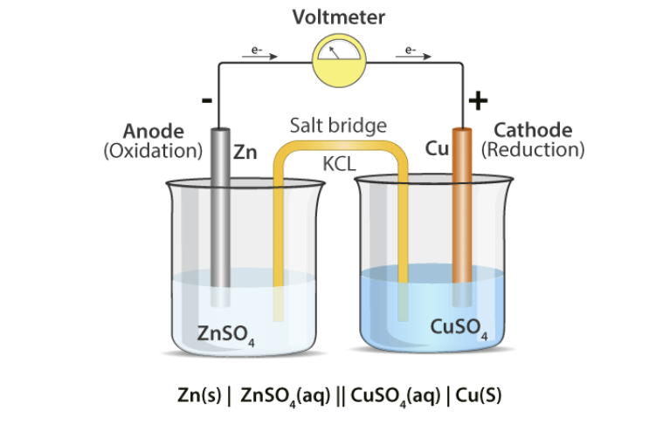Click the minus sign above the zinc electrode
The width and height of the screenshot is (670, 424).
(206, 100)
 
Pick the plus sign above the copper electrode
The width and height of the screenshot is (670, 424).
(477, 100)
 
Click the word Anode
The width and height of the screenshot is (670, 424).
(154, 131)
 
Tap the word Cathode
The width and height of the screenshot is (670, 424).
(533, 131)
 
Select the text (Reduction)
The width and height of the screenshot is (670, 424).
(533, 150)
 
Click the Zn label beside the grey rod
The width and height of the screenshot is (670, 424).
(245, 151)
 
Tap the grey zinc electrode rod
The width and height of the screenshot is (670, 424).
(222, 218)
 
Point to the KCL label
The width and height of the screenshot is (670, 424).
(339, 162)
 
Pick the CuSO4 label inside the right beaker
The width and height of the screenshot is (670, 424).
(458, 328)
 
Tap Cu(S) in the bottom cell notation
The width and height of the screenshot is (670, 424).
(479, 393)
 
